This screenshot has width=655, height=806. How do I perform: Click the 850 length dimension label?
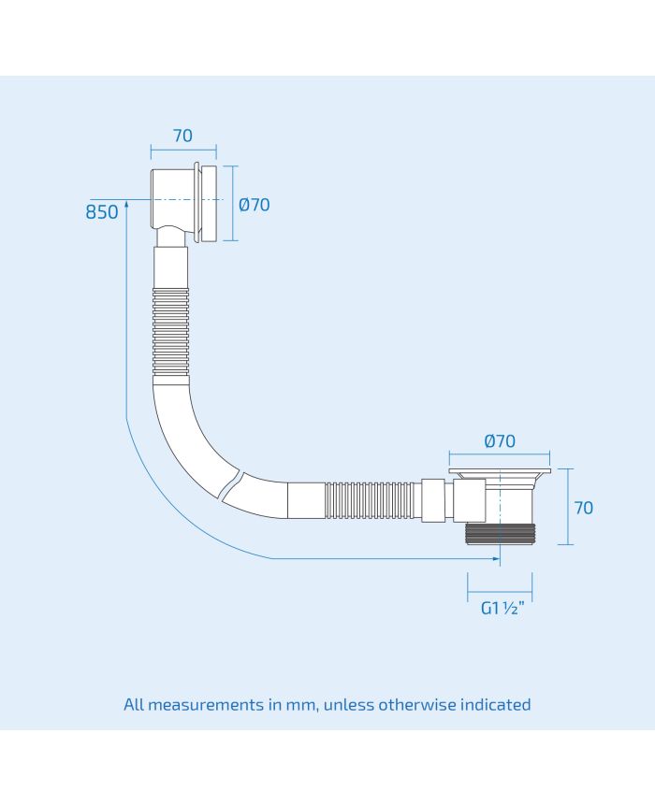(102, 211)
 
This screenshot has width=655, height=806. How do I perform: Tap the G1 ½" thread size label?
(502, 608)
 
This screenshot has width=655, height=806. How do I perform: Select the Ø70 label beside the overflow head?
(255, 205)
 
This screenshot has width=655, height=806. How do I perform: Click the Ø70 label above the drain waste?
(500, 441)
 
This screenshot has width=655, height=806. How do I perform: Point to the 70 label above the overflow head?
(182, 136)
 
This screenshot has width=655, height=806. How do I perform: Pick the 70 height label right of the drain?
(584, 508)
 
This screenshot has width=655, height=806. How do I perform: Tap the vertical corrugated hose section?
(171, 333)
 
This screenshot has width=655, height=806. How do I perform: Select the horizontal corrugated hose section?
(370, 499)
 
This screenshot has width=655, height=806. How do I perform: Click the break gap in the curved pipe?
(231, 484)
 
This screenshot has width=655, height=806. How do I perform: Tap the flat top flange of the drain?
(500, 471)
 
